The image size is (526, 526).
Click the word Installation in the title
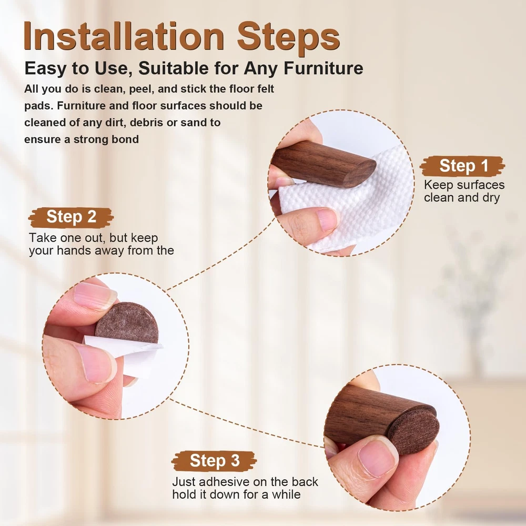(124, 36)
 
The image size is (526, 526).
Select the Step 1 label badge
(462, 166)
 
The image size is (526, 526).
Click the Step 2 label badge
(71, 217)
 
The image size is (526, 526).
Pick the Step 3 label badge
(215, 461)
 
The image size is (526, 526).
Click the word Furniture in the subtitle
(323, 68)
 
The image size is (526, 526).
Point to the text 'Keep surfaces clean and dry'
(464, 191)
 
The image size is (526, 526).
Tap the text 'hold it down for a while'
(237, 494)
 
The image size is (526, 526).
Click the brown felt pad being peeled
(127, 323)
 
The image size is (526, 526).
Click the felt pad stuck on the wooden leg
(413, 431)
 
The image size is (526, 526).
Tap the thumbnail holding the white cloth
(326, 219)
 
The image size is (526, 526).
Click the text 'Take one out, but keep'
(93, 238)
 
